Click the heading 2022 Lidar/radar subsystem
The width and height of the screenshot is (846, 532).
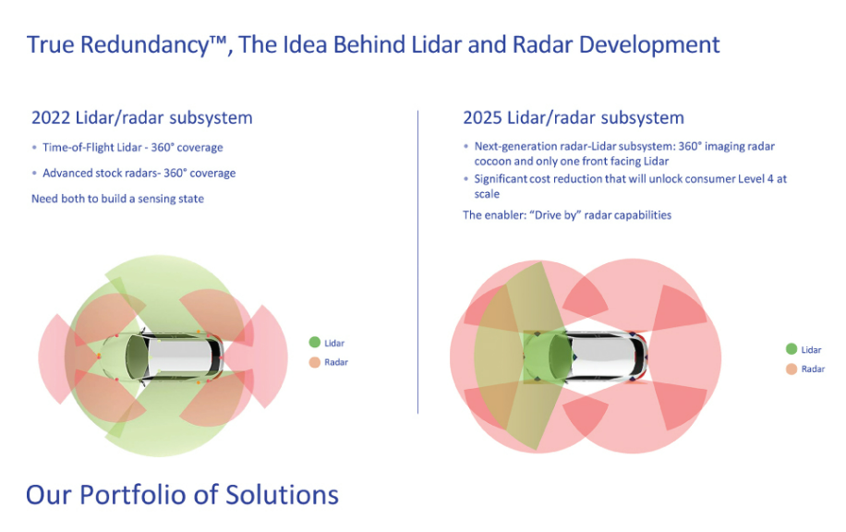(x=142, y=117)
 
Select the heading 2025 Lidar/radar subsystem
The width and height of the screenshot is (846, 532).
(x=574, y=117)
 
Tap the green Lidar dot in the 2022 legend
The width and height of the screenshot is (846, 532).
(x=315, y=342)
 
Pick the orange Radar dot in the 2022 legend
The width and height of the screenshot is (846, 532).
(x=315, y=362)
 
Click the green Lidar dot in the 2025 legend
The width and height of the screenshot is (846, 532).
(x=792, y=349)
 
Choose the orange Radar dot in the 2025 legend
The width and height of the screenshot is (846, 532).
(x=792, y=369)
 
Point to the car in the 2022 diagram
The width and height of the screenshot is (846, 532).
(x=162, y=357)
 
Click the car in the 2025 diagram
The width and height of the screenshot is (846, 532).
(x=586, y=357)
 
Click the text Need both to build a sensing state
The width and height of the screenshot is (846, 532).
(x=117, y=199)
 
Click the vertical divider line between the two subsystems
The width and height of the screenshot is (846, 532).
(x=417, y=262)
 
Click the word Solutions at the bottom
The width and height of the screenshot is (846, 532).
(x=283, y=495)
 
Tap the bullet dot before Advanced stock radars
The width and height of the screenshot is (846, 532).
(x=34, y=174)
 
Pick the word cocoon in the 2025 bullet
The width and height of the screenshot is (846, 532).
(x=492, y=162)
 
